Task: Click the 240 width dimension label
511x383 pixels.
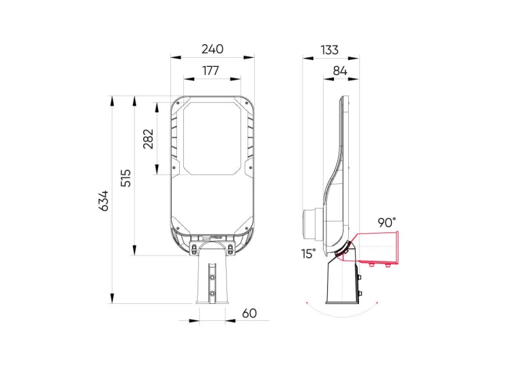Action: [213, 49]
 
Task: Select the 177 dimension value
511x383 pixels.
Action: [211, 70]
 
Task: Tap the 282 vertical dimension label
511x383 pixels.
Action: [149, 139]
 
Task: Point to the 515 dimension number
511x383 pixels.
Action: [126, 178]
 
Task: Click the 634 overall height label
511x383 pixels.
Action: [104, 201]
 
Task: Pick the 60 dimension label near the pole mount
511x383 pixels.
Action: [249, 313]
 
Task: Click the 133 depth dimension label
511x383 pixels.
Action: [330, 50]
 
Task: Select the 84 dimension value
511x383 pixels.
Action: [340, 71]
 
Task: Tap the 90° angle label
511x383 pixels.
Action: [387, 223]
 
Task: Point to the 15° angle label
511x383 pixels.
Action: [308, 254]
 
